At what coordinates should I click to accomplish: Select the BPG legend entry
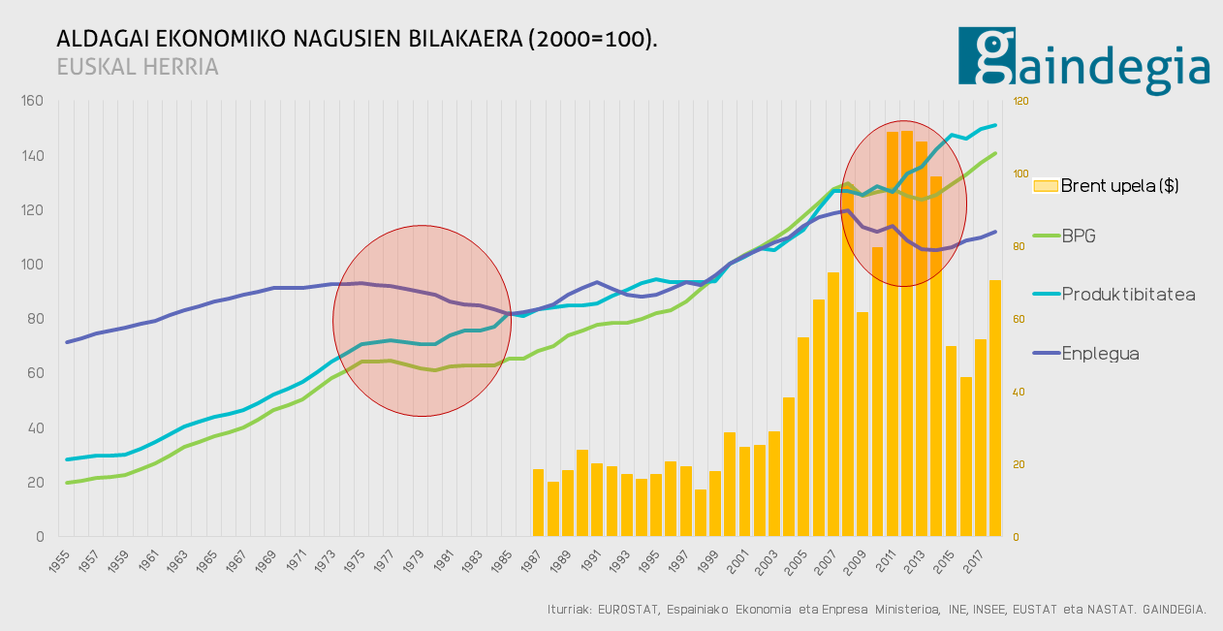click(1079, 236)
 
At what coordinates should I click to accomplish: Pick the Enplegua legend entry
click(1100, 354)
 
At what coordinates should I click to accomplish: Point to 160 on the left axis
click(33, 101)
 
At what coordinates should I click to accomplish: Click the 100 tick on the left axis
click(33, 265)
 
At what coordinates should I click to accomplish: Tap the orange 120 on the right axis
click(1020, 101)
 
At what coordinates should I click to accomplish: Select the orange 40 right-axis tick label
click(1019, 392)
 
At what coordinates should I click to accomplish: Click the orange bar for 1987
click(538, 502)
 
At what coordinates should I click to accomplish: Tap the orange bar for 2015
click(951, 441)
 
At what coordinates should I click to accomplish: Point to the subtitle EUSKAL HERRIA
click(138, 67)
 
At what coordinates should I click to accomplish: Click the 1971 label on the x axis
click(299, 560)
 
